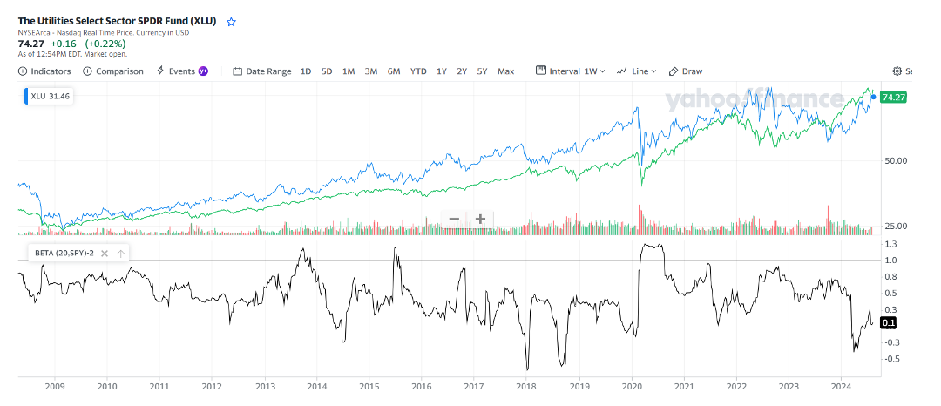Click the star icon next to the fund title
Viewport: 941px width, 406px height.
pyautogui.click(x=231, y=22)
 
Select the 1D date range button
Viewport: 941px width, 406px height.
pyautogui.click(x=306, y=71)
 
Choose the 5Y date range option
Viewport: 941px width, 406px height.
pyautogui.click(x=482, y=71)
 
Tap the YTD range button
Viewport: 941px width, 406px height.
pyautogui.click(x=418, y=71)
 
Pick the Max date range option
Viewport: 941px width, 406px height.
pyautogui.click(x=505, y=71)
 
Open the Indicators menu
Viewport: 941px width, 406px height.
pyautogui.click(x=44, y=71)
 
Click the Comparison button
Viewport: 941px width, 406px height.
pyautogui.click(x=113, y=71)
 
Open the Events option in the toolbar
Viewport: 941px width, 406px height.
pyautogui.click(x=181, y=71)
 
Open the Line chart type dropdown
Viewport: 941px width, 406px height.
pyautogui.click(x=637, y=71)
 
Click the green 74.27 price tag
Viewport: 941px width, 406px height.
pyautogui.click(x=894, y=97)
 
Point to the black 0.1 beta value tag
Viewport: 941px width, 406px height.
pyautogui.click(x=889, y=323)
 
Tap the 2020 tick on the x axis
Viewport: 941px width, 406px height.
pyautogui.click(x=631, y=386)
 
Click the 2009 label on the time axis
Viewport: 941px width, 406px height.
pyautogui.click(x=54, y=386)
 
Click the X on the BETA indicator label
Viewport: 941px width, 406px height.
pyautogui.click(x=105, y=254)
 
